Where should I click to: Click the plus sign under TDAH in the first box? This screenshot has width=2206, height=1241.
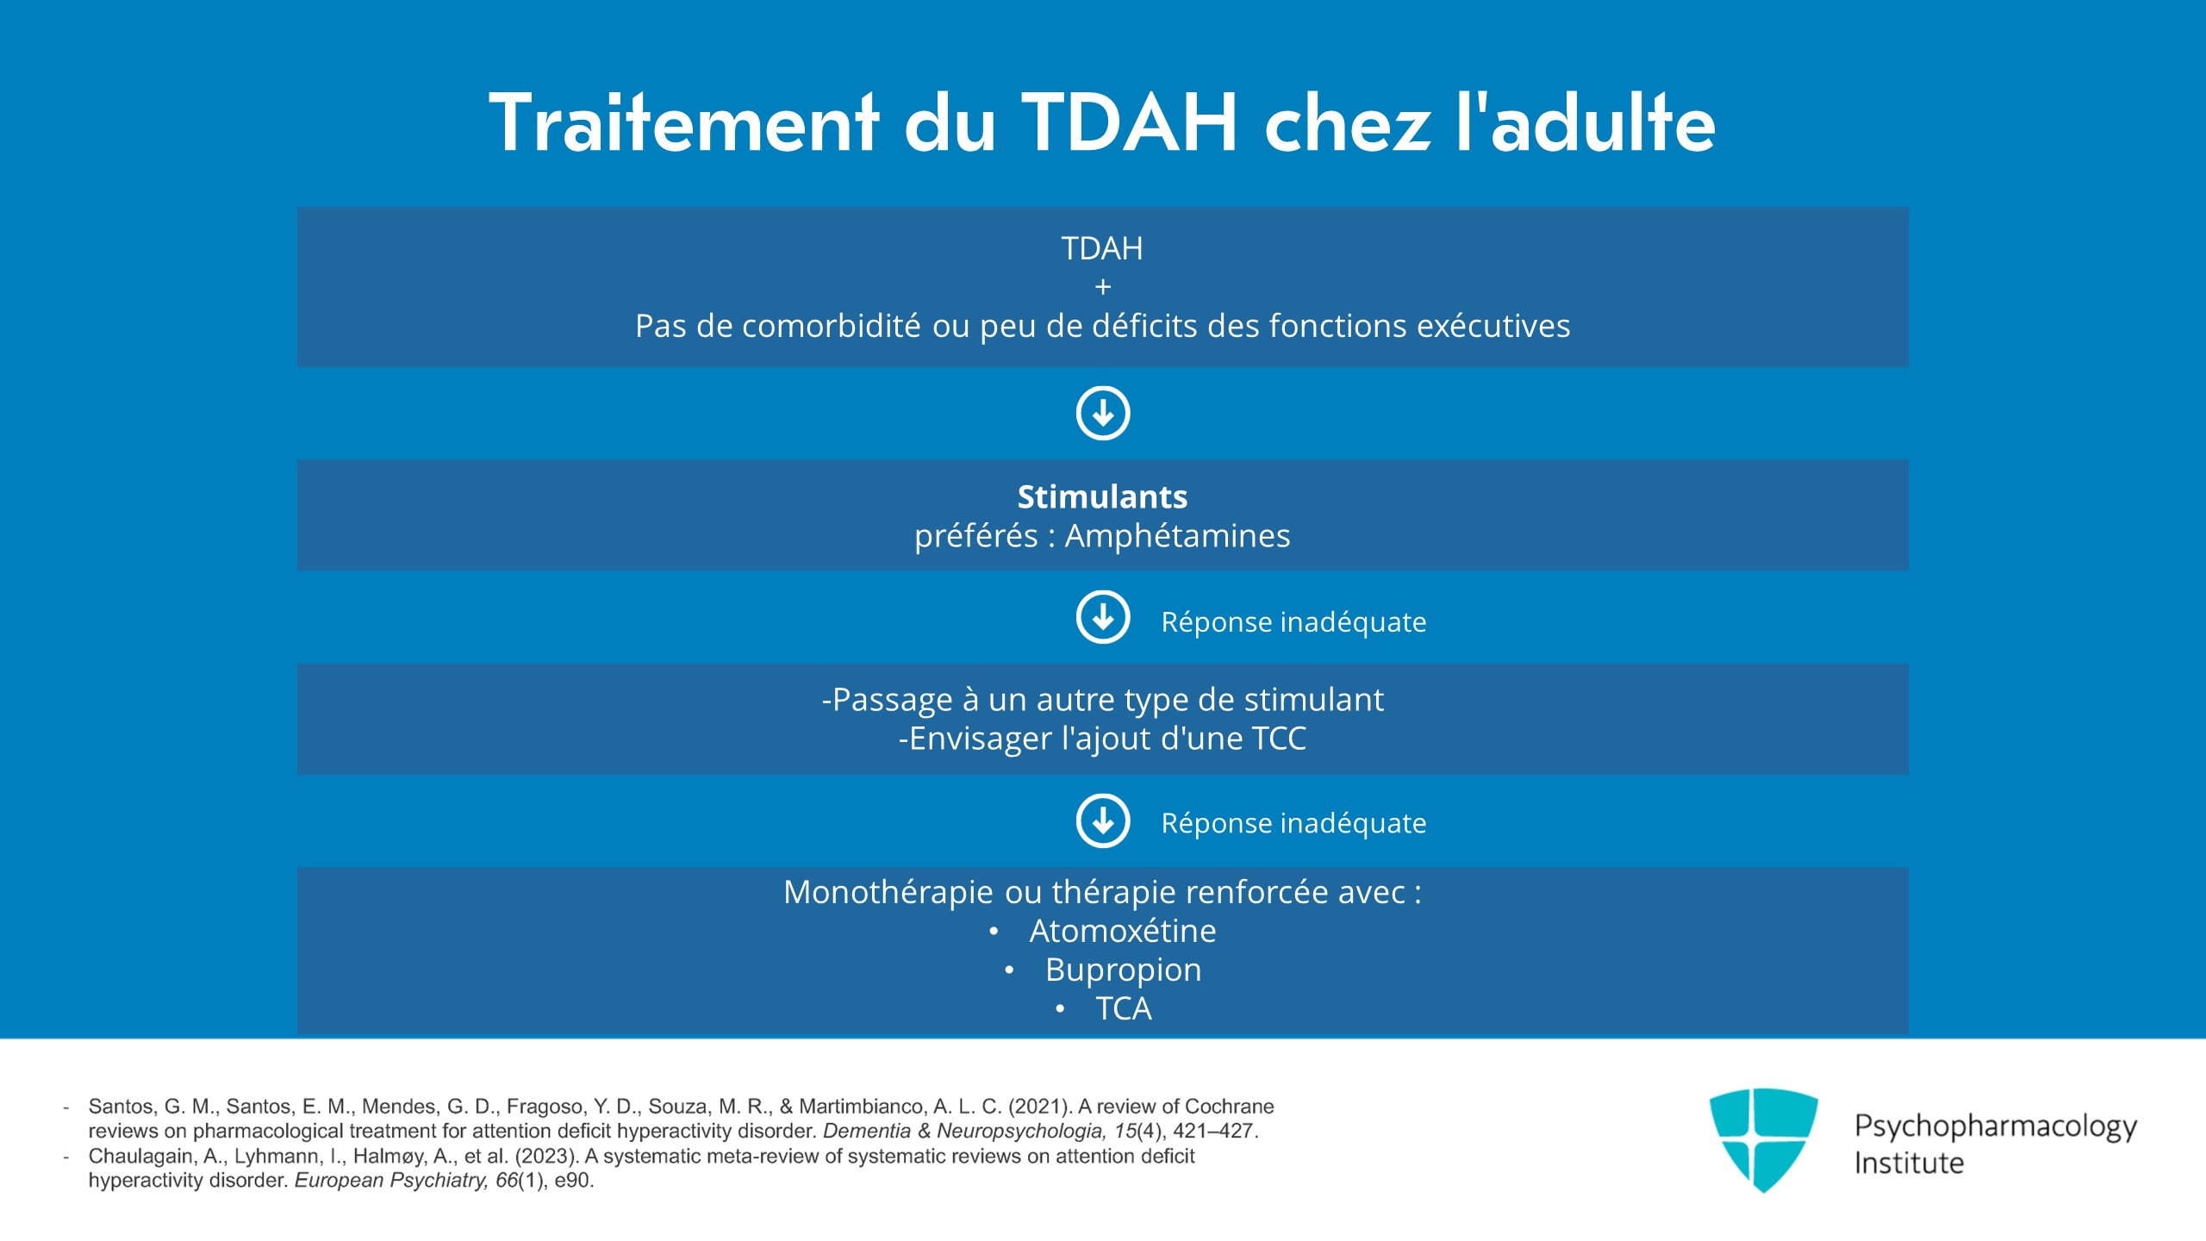[1103, 287]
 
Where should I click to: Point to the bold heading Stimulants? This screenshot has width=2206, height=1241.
[1102, 496]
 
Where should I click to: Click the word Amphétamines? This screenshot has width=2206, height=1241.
[1177, 536]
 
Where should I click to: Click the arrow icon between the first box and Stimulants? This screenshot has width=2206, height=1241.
[1103, 413]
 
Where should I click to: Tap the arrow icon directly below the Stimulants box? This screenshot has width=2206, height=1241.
[1103, 617]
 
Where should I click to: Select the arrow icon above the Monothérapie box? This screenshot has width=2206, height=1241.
[1103, 820]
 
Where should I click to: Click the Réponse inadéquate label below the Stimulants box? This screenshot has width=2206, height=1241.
[1293, 621]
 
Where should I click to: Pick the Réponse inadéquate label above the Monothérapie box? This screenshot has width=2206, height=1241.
[1293, 823]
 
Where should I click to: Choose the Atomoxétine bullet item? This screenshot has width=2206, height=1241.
[1122, 931]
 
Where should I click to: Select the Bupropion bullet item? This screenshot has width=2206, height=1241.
[1123, 970]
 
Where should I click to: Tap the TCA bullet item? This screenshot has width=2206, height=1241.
[1123, 1008]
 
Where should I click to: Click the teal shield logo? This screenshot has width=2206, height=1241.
[1763, 1138]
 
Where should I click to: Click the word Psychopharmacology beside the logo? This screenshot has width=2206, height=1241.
[1996, 1126]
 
